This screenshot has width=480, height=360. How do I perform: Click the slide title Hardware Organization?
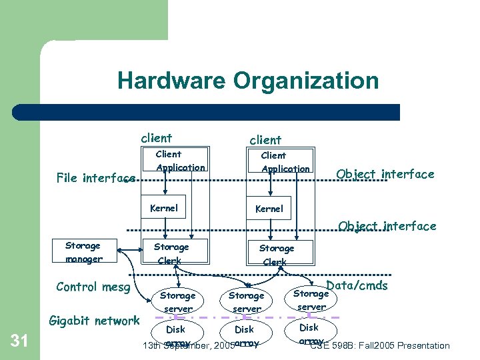[x=248, y=81]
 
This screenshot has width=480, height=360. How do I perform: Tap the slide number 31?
[x=20, y=341]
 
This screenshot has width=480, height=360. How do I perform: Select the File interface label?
[x=96, y=178]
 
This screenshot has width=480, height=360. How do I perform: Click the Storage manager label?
[x=84, y=253]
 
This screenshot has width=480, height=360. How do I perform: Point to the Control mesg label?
[x=93, y=287]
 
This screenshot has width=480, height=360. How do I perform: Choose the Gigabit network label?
[x=95, y=321]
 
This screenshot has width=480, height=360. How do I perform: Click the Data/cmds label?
[x=357, y=285]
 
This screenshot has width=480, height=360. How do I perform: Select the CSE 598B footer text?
[x=380, y=345]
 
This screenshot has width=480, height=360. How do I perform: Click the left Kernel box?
[x=164, y=208]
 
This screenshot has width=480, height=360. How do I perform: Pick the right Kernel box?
[x=269, y=209]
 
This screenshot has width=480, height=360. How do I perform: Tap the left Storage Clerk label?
[x=171, y=254]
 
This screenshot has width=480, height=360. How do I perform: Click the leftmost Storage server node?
[x=178, y=302]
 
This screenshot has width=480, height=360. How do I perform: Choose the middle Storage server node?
[x=247, y=302]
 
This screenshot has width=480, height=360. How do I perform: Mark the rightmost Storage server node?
[x=311, y=300]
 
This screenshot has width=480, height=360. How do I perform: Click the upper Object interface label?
[x=385, y=175]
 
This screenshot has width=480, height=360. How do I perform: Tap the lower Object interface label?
[x=387, y=226]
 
